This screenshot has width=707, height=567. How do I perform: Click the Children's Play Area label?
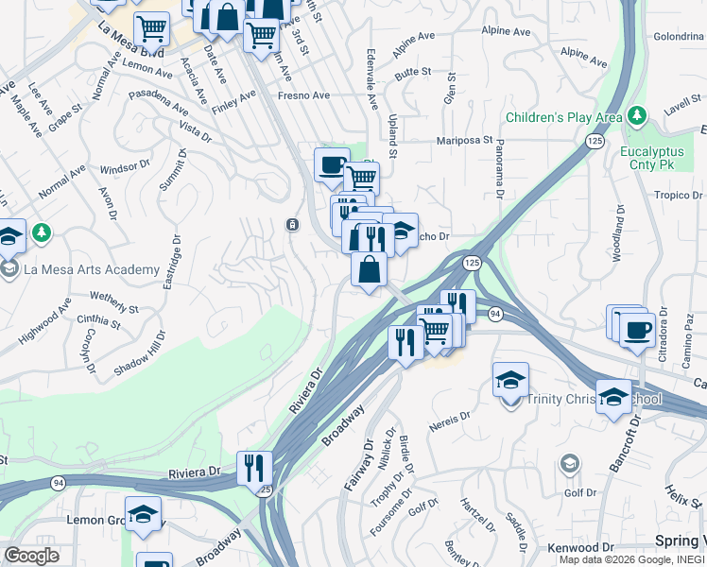point(563,117)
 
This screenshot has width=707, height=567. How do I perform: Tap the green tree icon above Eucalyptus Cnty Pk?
point(638,115)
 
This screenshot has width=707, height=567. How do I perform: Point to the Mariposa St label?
point(464,141)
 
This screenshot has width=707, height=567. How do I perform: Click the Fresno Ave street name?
point(302,95)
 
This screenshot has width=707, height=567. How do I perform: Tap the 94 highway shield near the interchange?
point(495,313)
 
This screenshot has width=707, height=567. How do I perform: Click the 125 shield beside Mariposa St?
point(595,141)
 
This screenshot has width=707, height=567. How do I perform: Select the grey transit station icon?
point(293,225)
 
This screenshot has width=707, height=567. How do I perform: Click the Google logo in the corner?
point(31,556)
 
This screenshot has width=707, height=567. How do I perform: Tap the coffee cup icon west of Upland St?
point(331,163)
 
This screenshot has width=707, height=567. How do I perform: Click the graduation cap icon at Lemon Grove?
point(143,513)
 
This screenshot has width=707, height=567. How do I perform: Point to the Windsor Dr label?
point(125,168)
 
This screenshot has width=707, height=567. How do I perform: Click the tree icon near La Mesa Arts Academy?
point(41,232)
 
